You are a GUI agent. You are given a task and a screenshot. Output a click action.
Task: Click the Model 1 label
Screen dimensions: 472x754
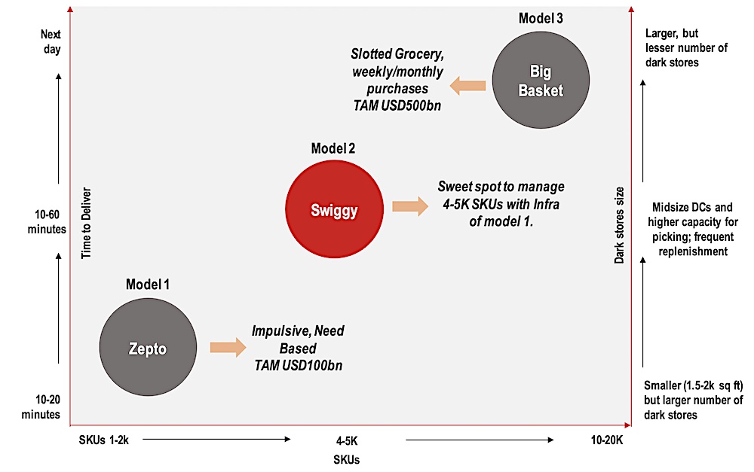tap(148, 285)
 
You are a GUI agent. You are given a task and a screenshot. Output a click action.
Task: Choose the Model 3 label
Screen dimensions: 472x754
tap(541, 18)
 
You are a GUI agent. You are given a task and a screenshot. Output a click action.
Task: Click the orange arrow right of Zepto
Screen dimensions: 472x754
tap(228, 347)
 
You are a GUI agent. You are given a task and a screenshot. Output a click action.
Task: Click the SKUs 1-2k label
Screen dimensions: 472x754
tap(104, 440)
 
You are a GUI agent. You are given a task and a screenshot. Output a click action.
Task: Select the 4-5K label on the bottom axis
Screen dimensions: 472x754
tap(348, 440)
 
